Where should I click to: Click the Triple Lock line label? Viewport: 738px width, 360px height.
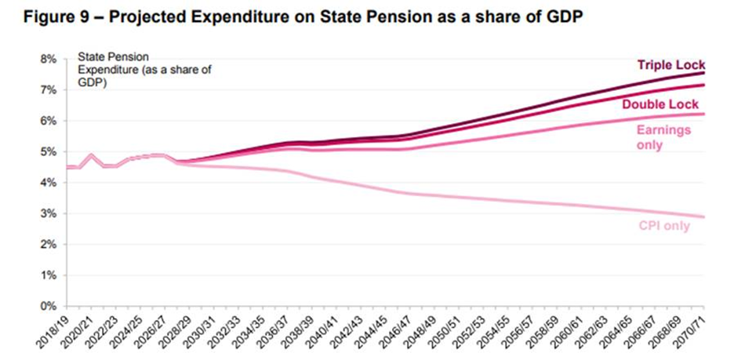coord(671,65)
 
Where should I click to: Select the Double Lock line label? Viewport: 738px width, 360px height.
coord(660,104)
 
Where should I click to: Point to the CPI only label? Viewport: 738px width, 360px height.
coord(665,226)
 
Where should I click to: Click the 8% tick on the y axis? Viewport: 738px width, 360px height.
coord(49,59)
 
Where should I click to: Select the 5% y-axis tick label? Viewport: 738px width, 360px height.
coord(49,151)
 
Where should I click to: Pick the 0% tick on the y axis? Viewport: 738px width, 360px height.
coord(49,306)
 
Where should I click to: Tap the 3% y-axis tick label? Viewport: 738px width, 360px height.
coord(49,213)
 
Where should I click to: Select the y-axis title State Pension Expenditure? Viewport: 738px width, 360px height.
coord(133,69)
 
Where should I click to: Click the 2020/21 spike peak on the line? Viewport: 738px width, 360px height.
coord(92,155)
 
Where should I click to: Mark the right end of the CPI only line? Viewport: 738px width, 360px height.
coord(703,216)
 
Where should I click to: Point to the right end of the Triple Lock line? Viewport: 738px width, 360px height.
coord(703,73)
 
